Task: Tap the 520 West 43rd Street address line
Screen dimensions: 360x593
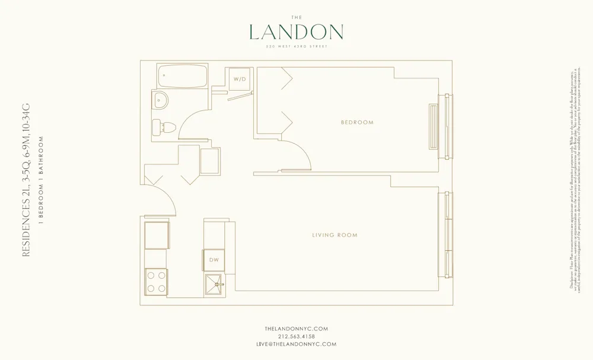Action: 296,46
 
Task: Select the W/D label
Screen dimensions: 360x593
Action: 240,79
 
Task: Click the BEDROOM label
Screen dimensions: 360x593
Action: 357,123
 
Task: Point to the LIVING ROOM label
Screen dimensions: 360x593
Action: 335,235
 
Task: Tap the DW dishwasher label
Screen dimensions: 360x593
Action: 213,260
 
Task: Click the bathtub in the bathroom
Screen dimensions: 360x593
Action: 183,76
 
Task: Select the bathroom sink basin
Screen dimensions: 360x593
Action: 159,100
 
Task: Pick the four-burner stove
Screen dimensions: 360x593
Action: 156,281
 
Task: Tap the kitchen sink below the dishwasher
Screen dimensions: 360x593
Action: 215,284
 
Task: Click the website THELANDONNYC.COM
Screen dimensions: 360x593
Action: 296,329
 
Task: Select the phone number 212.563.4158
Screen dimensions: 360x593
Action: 296,336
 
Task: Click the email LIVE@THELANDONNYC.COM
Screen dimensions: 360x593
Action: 296,344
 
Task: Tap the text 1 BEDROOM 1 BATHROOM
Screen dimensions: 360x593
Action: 41,181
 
